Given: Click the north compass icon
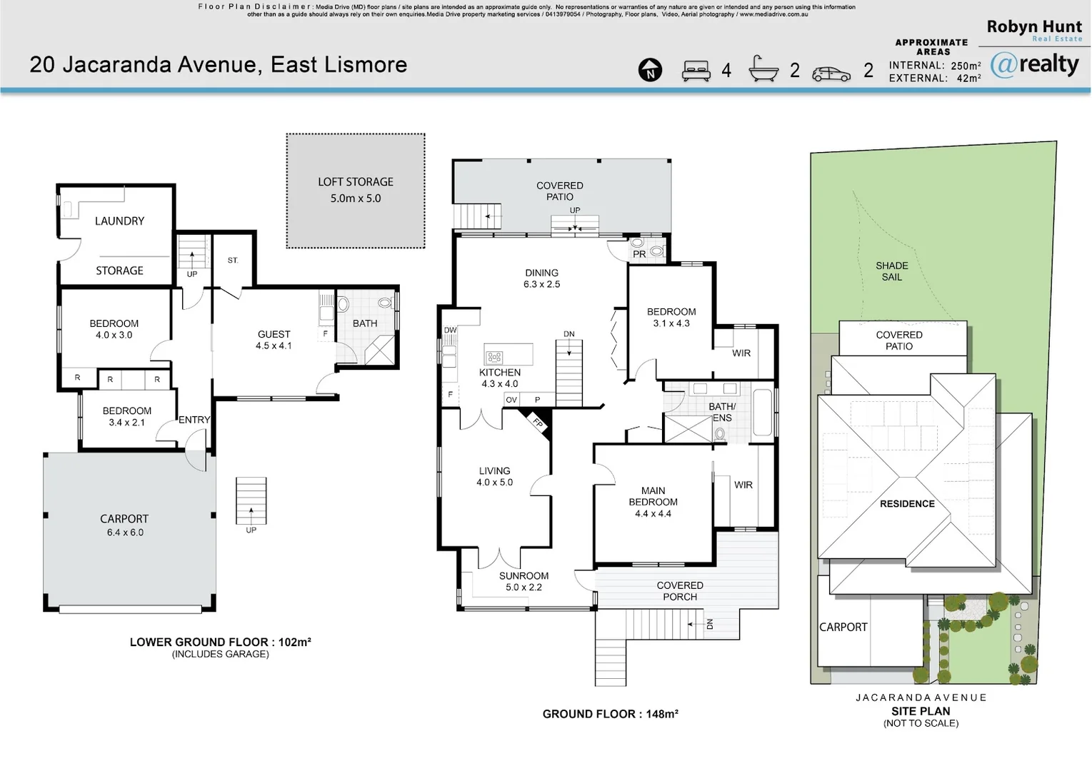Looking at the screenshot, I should coord(650,70).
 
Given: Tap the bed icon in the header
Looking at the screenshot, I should coord(696,70).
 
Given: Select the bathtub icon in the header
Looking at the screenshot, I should coord(763,69).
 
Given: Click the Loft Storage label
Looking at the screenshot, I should coord(356,190).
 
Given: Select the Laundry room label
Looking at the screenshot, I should coord(119,221).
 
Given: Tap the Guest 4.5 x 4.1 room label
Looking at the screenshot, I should coord(274,340).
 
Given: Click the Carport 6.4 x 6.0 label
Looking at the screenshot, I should coord(124,525).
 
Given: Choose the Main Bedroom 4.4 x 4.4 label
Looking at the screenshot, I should coord(653,502).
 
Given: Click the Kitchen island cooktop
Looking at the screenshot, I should coord(494,357).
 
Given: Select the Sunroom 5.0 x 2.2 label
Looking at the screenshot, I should coord(524,581).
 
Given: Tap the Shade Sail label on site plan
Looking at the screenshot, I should coord(891,271).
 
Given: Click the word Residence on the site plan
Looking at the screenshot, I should coord(907,504).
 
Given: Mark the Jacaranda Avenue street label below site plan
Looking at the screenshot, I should coord(921,697).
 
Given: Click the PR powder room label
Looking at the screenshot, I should coord(639,254).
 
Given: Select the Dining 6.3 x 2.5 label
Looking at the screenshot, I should coord(541,278).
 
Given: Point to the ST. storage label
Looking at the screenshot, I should coord(233,261).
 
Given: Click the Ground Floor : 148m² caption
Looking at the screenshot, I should coord(610,714).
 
